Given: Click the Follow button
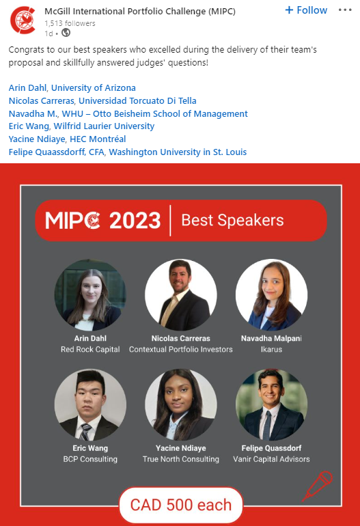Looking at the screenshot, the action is click(x=306, y=10).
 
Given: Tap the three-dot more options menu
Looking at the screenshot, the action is click(x=345, y=10).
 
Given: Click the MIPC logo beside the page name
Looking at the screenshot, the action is click(x=23, y=20).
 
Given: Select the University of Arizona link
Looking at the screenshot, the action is click(x=94, y=88).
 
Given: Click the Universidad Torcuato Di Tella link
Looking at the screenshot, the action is click(x=137, y=100).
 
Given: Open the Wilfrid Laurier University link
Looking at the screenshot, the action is click(x=104, y=126).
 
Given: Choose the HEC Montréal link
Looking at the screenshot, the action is click(x=98, y=139).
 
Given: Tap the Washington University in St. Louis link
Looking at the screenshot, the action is click(x=178, y=152).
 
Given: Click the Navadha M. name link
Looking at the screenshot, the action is click(x=33, y=113).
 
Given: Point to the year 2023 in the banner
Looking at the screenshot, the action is click(x=135, y=221).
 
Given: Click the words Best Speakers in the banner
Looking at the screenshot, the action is click(x=232, y=221).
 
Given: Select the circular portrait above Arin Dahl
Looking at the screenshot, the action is click(x=90, y=295).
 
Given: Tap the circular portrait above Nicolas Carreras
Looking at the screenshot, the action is click(x=181, y=295).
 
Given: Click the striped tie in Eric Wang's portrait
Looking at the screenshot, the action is click(x=85, y=432).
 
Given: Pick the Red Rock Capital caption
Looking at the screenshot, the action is click(x=90, y=349).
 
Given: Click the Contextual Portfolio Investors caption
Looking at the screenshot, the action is click(x=181, y=349).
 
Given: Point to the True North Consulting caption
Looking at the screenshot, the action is click(x=181, y=459).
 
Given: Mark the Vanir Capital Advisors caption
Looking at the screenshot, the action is click(x=271, y=459).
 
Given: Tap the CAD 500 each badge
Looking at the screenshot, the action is click(x=181, y=505).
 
